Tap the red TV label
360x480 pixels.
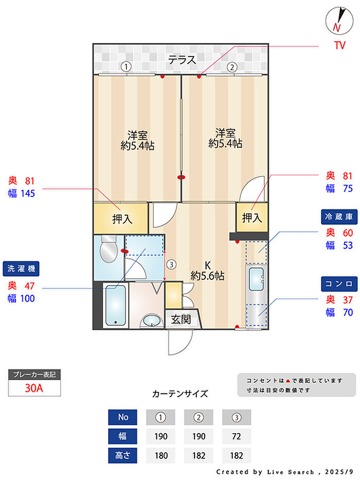pyautogui.click(x=339, y=46)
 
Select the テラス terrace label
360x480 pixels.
pyautogui.click(x=182, y=60)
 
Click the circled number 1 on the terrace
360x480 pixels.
pyautogui.click(x=125, y=66)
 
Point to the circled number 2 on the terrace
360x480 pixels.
pyautogui.click(x=232, y=66)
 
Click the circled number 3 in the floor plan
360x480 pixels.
pyautogui.click(x=171, y=264)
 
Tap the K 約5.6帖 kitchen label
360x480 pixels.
pyautogui.click(x=207, y=271)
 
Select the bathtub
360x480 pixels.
pyautogui.click(x=115, y=306)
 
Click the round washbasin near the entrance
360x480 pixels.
pyautogui.click(x=150, y=321)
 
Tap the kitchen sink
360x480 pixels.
pyautogui.click(x=256, y=281)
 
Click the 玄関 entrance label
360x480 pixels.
pyautogui.click(x=181, y=319)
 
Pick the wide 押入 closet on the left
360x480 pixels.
pyautogui.click(x=122, y=219)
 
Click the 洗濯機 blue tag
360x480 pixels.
pyautogui.click(x=23, y=268)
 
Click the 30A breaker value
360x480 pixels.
pyautogui.click(x=34, y=388)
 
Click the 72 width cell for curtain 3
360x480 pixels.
pyautogui.click(x=237, y=436)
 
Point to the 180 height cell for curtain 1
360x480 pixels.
pyautogui.click(x=160, y=455)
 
